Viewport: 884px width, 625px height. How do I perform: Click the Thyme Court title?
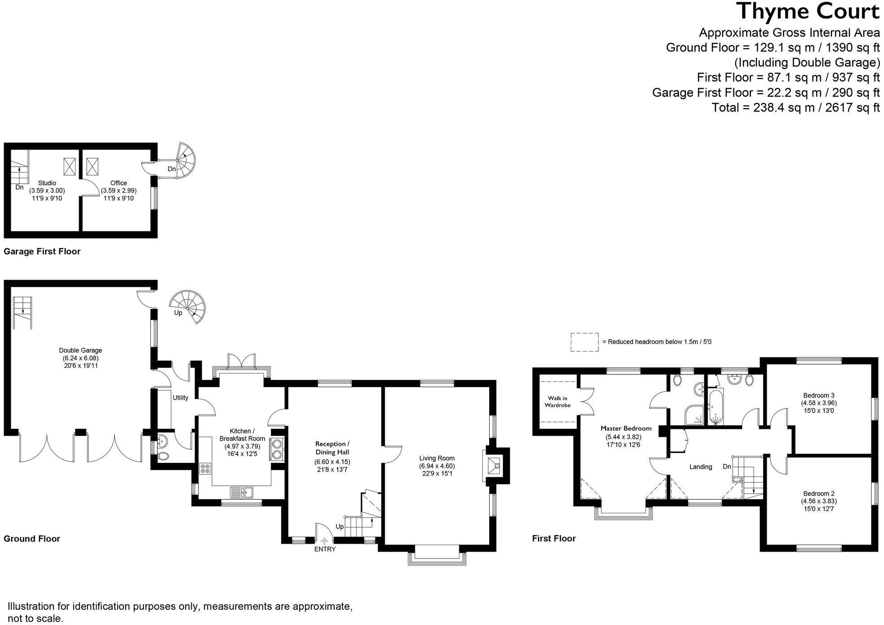click(x=808, y=12)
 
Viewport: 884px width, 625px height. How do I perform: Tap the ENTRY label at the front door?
click(x=325, y=549)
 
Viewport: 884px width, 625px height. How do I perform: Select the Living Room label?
click(x=437, y=458)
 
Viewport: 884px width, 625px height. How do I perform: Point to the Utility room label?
click(x=181, y=397)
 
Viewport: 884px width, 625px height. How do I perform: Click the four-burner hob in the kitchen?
click(x=206, y=469)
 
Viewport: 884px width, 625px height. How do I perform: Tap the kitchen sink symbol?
click(x=242, y=493)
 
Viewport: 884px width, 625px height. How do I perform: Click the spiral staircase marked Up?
click(x=188, y=307)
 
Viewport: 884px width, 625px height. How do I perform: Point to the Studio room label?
click(x=47, y=183)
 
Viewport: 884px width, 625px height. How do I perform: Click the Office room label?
click(x=119, y=183)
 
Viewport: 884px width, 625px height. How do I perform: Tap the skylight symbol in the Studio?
click(x=70, y=167)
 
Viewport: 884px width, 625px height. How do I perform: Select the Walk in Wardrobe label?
click(x=557, y=401)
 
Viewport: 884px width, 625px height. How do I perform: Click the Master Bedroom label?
click(x=626, y=428)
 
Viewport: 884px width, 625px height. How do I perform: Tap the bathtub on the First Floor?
click(x=716, y=408)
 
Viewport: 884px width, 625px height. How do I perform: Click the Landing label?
click(x=701, y=467)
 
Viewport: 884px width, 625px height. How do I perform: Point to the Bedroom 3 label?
click(x=819, y=395)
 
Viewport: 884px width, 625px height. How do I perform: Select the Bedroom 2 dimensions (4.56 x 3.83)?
click(x=819, y=501)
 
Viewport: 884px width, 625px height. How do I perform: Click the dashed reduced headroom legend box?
click(x=584, y=342)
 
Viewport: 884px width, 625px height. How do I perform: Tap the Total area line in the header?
click(x=796, y=108)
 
